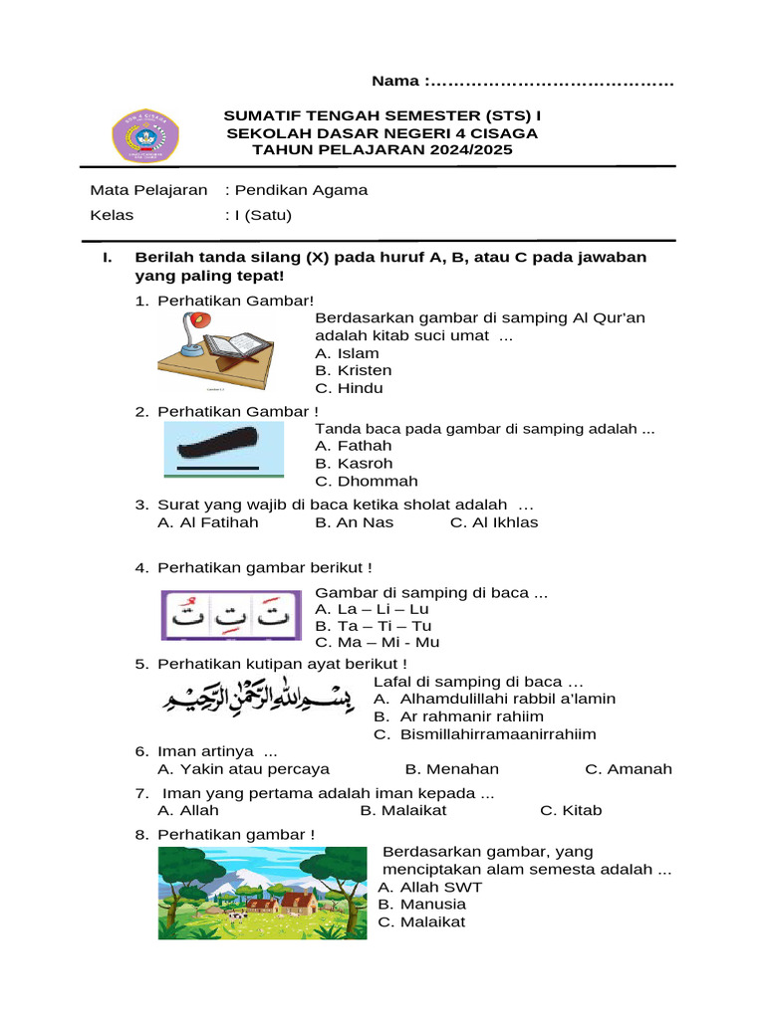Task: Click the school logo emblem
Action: coord(144,136)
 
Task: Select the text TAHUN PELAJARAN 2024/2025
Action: coord(382,150)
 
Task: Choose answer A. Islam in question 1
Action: coord(347,353)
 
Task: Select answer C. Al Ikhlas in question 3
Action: coord(494,522)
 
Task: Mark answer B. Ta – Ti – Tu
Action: coord(373,626)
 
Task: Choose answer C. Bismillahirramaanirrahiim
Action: coord(485,734)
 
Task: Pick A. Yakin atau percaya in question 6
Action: coord(244,769)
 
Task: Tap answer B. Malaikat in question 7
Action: coord(403,811)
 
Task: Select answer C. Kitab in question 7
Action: coord(571,811)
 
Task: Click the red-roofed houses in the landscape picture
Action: coord(281,902)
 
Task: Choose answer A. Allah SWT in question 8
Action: coord(429,887)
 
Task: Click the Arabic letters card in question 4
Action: coord(232,615)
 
